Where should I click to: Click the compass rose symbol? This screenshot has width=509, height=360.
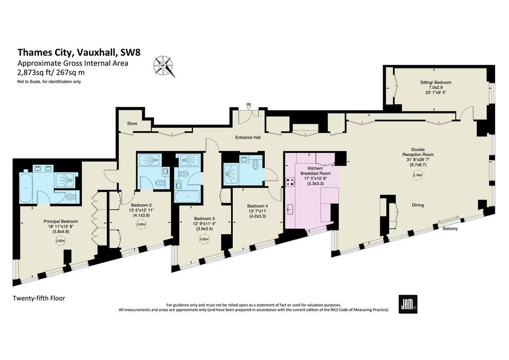[x=164, y=66]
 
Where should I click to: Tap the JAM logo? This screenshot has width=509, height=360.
[x=408, y=304]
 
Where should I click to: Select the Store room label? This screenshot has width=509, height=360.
[x=132, y=124]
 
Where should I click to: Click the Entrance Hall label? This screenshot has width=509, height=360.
[x=248, y=138]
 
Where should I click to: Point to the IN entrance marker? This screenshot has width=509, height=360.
[x=249, y=104]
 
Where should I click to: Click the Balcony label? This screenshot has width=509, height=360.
[x=450, y=229]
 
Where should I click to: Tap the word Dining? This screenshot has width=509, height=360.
[x=418, y=205]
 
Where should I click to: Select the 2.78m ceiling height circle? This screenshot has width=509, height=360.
[x=418, y=176]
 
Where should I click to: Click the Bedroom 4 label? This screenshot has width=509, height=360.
[x=257, y=206]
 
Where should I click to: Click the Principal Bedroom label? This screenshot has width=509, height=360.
[x=61, y=221]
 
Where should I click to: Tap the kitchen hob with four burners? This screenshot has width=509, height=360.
[x=290, y=182]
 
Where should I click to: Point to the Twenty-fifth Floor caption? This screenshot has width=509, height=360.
[x=39, y=298]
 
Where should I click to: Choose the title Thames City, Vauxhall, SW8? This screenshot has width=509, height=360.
[x=79, y=52]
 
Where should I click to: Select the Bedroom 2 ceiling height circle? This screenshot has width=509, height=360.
[x=141, y=224]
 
